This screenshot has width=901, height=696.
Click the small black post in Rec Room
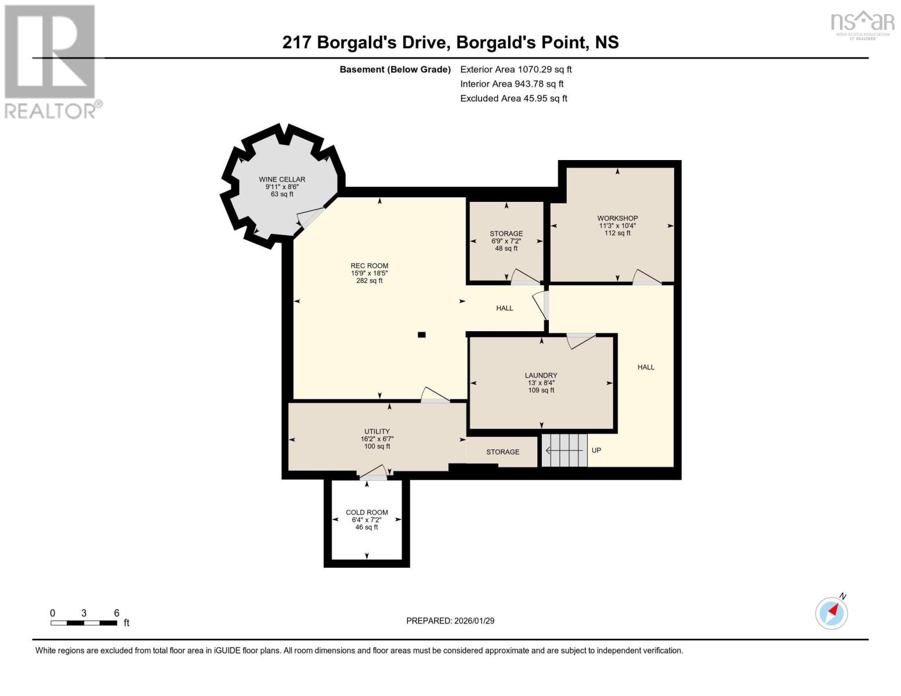pos(422,335)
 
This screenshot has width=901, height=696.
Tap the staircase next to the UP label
pos(565,450)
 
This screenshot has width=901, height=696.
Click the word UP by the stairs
pos(596,451)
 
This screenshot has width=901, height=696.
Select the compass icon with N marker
pos(832,612)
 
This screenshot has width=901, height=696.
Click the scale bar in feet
pos(84,623)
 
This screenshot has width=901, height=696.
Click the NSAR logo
pos(863,24)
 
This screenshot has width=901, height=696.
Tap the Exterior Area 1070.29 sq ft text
pos(516,70)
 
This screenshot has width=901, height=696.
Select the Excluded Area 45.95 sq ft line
pos(513,99)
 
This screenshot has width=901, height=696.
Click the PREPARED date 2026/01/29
pos(450,621)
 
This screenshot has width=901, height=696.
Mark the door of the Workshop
pos(646,278)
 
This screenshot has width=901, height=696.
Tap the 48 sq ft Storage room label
pos(506,241)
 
